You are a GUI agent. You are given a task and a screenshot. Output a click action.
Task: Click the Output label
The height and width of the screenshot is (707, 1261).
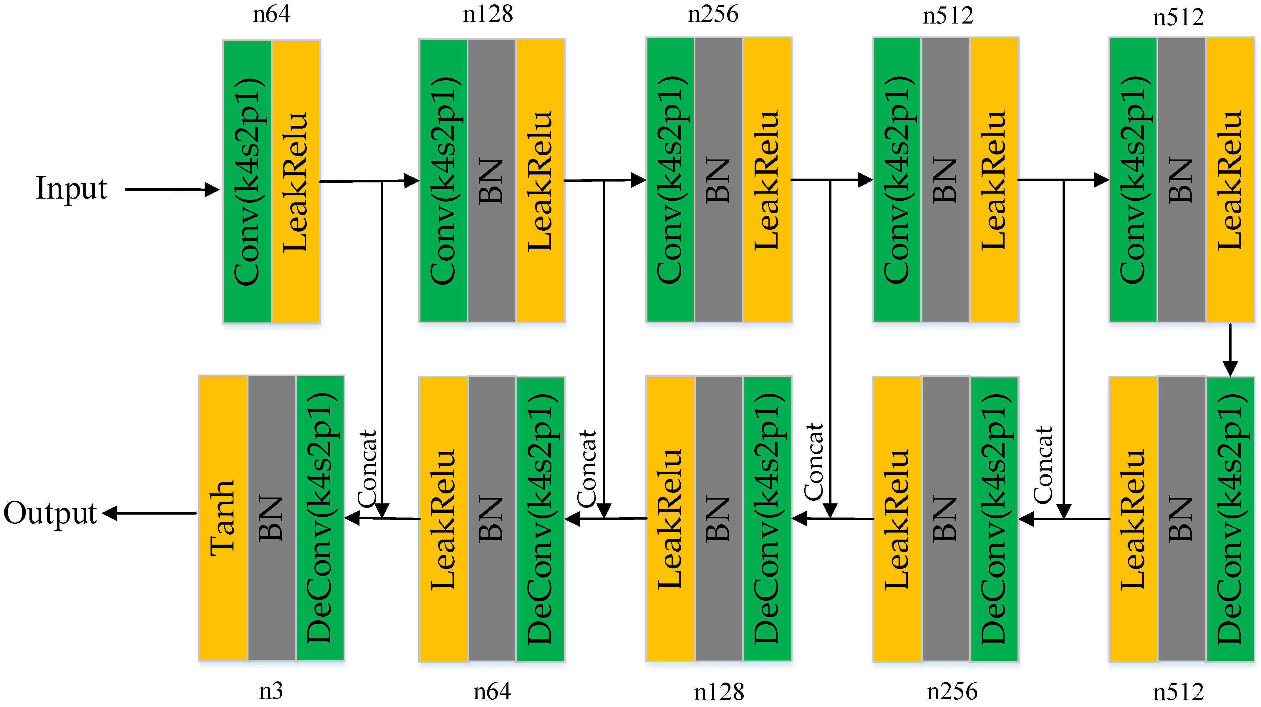pyautogui.click(x=50, y=513)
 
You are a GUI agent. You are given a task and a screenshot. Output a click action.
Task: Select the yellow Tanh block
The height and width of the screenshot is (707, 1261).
pyautogui.click(x=223, y=518)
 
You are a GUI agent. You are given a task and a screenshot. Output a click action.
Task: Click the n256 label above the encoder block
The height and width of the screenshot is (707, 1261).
pyautogui.click(x=713, y=14)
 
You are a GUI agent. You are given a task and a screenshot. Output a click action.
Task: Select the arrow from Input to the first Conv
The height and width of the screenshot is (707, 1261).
pyautogui.click(x=171, y=189)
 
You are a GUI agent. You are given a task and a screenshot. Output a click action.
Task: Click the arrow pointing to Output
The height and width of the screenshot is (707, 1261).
pyautogui.click(x=149, y=513)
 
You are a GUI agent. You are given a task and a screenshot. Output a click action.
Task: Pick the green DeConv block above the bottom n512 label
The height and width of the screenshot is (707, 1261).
pyautogui.click(x=1230, y=519)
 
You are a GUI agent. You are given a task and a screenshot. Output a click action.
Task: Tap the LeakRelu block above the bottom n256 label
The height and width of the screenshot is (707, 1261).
pyautogui.click(x=897, y=519)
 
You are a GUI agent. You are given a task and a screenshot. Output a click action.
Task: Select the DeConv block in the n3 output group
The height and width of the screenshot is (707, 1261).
pyautogui.click(x=320, y=518)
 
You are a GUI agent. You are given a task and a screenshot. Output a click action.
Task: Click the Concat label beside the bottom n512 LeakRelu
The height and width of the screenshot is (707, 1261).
pyautogui.click(x=1043, y=465)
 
